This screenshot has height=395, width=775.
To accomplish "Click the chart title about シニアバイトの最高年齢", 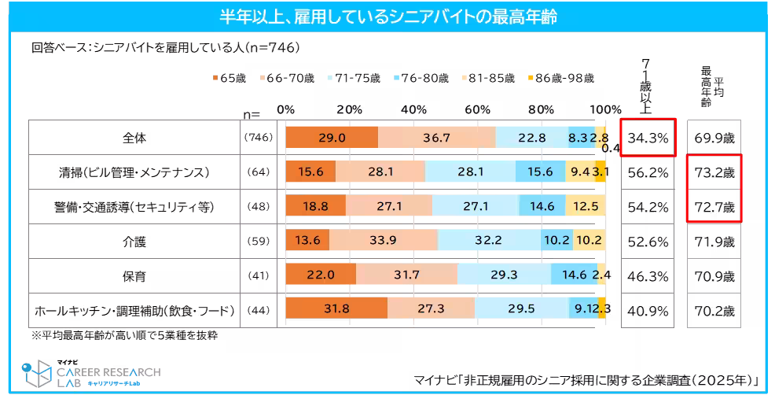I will [x=388, y=17].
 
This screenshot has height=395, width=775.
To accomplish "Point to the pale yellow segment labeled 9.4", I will [x=579, y=172].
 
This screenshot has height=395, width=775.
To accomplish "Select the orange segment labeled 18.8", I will [x=315, y=206].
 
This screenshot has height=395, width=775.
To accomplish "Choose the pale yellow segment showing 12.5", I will [x=585, y=206].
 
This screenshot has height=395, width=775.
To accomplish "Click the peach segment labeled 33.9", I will [x=384, y=240].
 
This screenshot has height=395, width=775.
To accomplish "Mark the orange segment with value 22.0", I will [x=321, y=275].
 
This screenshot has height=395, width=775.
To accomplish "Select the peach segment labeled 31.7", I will [x=406, y=275].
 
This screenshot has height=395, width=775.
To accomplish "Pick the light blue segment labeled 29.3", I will [x=504, y=275].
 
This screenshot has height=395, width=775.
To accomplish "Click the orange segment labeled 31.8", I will [x=336, y=308].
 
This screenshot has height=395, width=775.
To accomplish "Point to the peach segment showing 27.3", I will [x=431, y=308].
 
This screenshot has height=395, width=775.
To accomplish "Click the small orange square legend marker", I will [x=215, y=78].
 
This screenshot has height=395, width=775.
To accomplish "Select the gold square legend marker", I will [x=531, y=78].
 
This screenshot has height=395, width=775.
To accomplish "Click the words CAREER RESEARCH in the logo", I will [x=108, y=371].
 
